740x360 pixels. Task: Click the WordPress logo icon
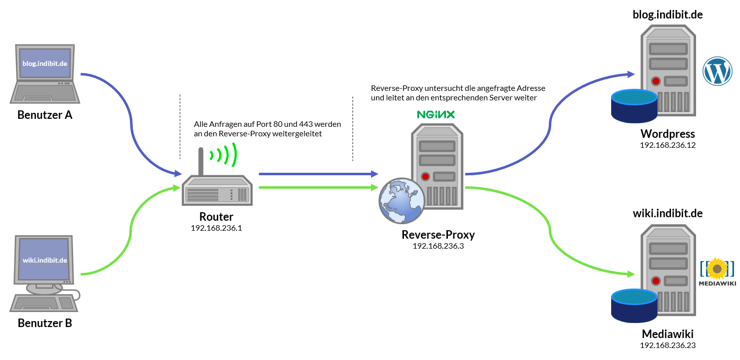717,71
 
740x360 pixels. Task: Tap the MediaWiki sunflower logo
718,269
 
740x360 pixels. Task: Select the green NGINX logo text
436,114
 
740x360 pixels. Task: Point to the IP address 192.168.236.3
438,246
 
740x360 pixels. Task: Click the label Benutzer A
45,115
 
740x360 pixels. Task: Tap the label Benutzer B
45,323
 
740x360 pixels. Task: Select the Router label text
216,217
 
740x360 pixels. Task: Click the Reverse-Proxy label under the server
438,235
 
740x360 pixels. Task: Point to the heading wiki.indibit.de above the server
668,213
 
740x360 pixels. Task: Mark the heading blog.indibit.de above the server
668,14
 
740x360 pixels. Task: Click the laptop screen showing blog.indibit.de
45,63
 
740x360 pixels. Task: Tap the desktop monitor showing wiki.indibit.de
45,260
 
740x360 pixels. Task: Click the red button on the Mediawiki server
655,280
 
